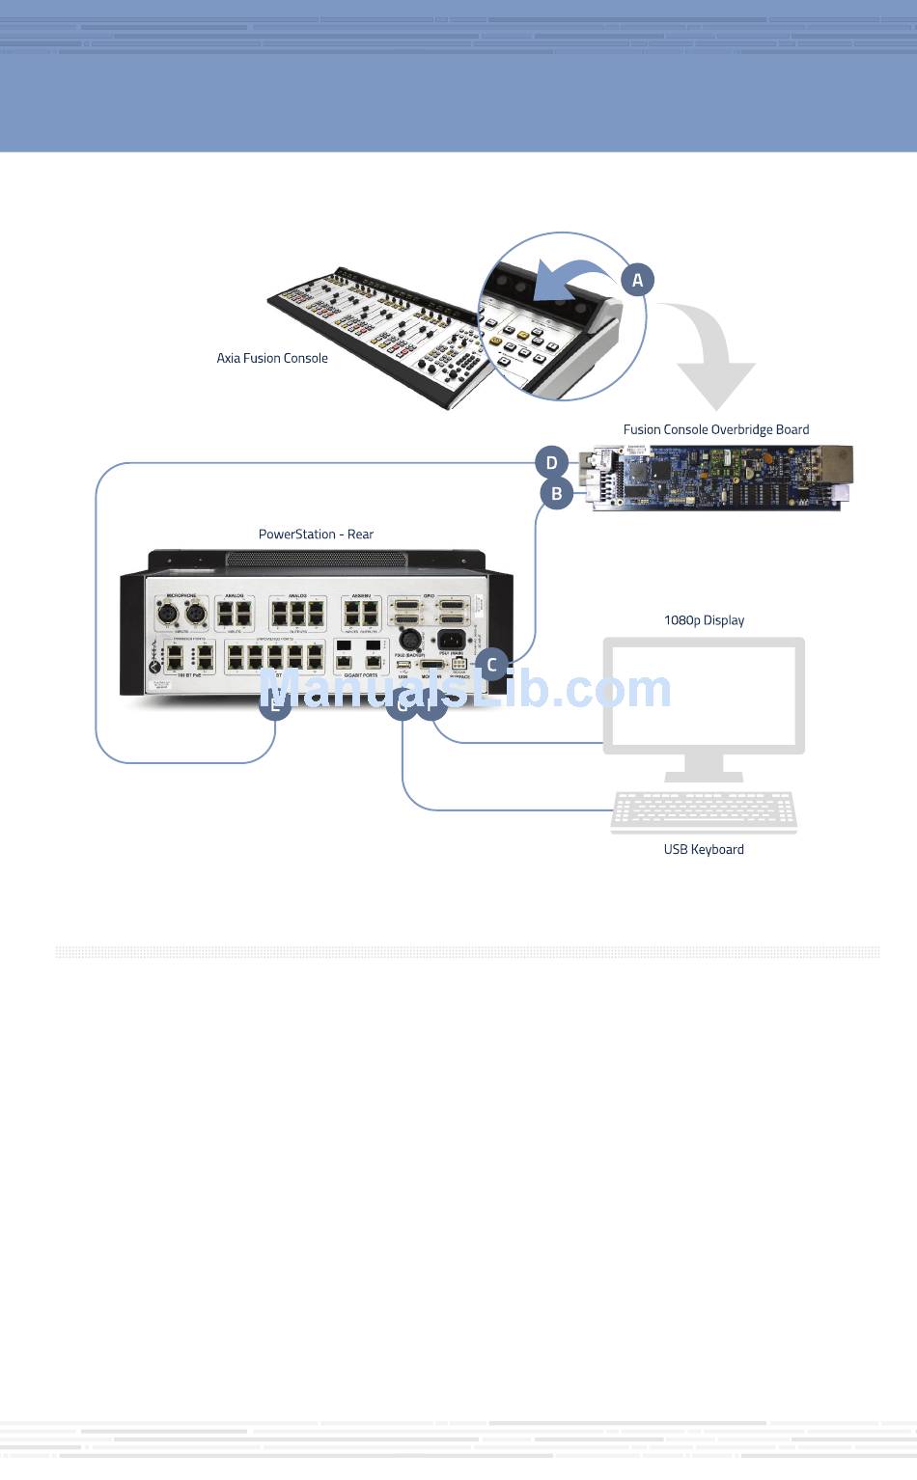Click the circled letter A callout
coord(637,281)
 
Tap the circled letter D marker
coord(551,463)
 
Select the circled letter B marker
coord(556,494)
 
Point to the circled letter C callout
coord(491,665)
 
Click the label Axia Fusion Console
coord(272,358)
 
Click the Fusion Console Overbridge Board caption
coord(715,429)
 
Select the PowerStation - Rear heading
coord(316,534)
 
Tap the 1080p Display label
coord(704,620)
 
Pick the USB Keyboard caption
coord(704,849)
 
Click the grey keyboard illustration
coord(704,811)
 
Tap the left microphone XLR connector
coord(168,614)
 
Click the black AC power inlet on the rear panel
coord(451,639)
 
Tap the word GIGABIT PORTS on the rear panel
coord(361,675)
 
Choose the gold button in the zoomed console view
coord(522,335)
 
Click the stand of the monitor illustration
coord(704,767)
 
